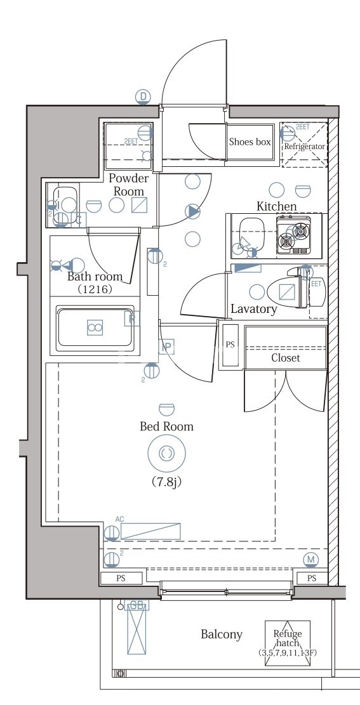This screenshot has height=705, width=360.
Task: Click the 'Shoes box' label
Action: pyautogui.click(x=250, y=142)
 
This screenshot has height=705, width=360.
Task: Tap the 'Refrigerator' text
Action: pyautogui.click(x=304, y=147)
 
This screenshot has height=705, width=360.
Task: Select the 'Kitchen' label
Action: pyautogui.click(x=276, y=206)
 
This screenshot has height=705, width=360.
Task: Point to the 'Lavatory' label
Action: pyautogui.click(x=253, y=310)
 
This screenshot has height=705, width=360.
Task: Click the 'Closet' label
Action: pyautogui.click(x=285, y=358)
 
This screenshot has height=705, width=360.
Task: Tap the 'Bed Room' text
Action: pyautogui.click(x=166, y=426)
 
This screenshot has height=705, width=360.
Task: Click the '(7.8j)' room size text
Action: pyautogui.click(x=166, y=482)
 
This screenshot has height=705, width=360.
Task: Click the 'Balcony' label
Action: pyautogui.click(x=222, y=634)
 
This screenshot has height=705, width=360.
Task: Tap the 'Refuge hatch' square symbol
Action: pyautogui.click(x=288, y=643)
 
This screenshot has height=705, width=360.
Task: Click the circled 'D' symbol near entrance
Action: pyautogui.click(x=144, y=96)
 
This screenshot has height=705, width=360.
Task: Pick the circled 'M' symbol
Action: pyautogui.click(x=310, y=559)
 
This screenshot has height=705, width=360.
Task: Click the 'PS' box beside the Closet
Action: pyautogui.click(x=230, y=346)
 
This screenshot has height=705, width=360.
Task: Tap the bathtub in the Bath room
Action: pyautogui.click(x=95, y=327)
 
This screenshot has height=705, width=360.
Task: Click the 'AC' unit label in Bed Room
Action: pyautogui.click(x=119, y=519)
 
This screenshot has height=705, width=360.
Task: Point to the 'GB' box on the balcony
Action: pyautogui.click(x=135, y=605)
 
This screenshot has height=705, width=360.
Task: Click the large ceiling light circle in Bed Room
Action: pyautogui.click(x=166, y=453)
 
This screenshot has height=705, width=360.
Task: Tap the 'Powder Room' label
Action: pyautogui.click(x=128, y=185)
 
